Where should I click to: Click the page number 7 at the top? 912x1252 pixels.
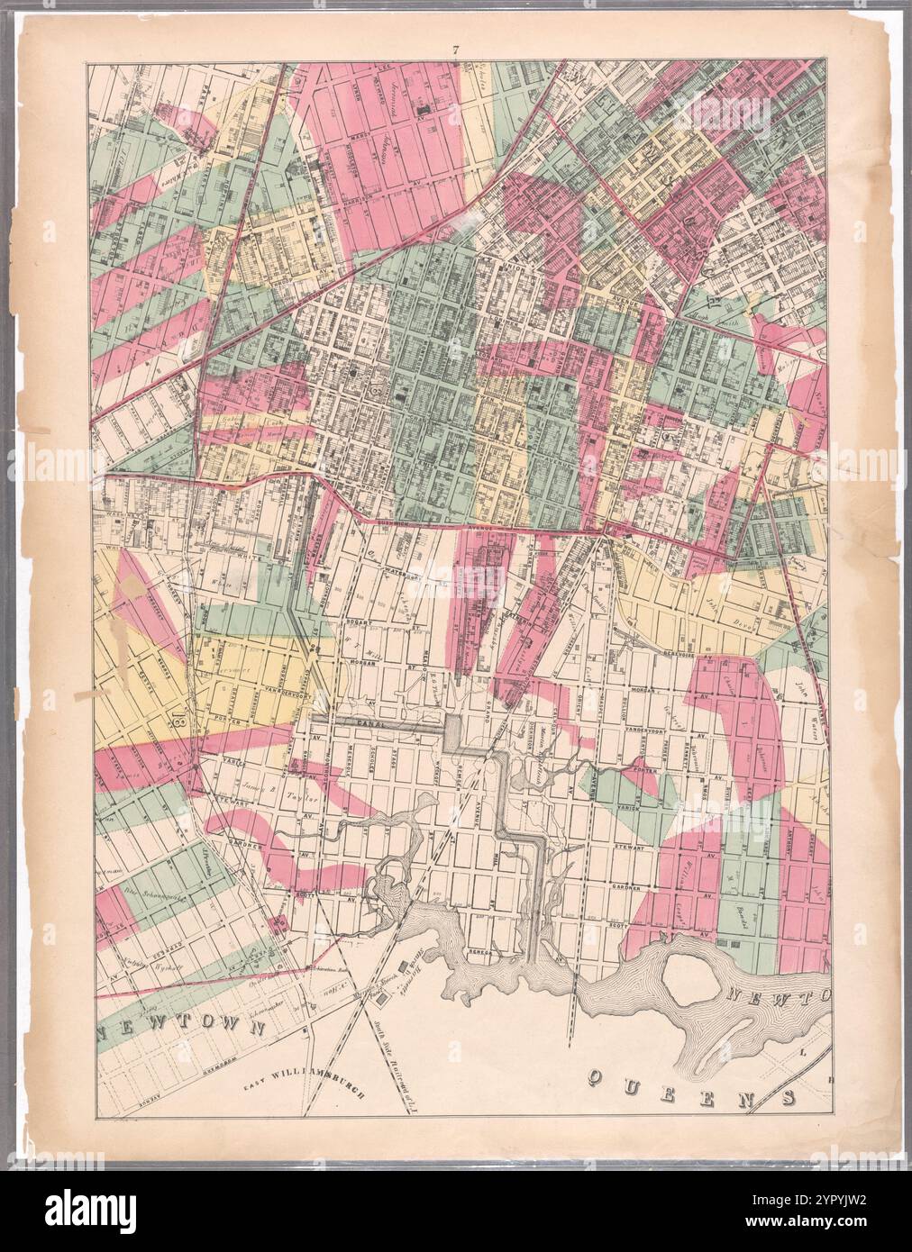[x=456, y=51]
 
